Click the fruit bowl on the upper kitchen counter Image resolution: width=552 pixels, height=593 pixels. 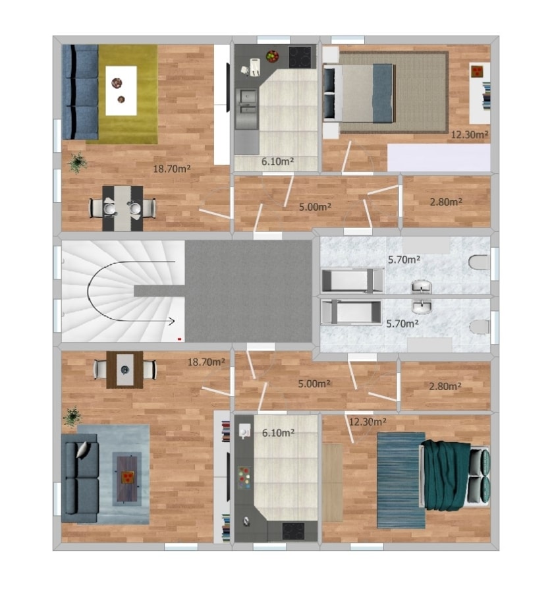tap(272, 57)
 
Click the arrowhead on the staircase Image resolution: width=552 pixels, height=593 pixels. tap(171, 322)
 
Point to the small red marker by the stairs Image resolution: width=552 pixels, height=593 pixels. tap(180, 339)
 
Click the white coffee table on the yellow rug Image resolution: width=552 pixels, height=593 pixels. tap(121, 91)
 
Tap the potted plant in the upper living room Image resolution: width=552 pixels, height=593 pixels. tap(78, 163)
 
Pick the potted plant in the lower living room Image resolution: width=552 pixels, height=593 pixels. tap(72, 416)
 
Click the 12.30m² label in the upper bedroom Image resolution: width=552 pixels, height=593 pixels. tap(470, 134)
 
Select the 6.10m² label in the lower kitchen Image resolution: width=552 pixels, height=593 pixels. tap(278, 433)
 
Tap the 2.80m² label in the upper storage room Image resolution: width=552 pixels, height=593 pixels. tap(446, 202)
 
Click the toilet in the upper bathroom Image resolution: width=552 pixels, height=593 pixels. tap(479, 262)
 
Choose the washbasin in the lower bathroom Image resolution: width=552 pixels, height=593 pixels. tap(422, 306)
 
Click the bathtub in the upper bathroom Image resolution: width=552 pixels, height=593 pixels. tap(353, 281)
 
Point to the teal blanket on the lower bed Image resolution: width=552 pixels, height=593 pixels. tap(446, 475)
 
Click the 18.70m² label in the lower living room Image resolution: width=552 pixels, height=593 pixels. tap(206, 362)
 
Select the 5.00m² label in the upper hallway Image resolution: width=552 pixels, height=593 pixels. tap(316, 207)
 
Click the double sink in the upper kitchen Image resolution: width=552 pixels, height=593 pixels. tap(246, 109)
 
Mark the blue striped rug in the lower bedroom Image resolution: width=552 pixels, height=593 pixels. tap(400, 480)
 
